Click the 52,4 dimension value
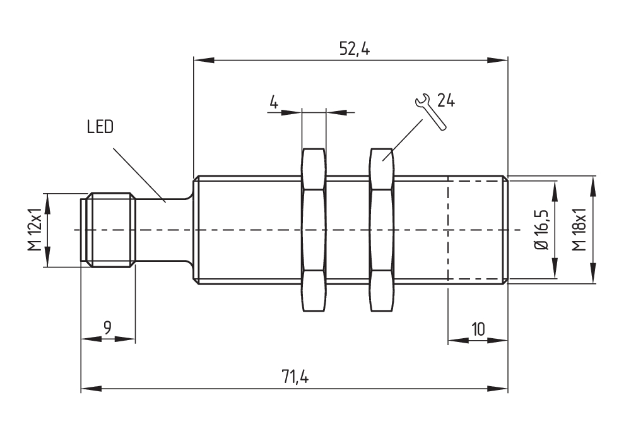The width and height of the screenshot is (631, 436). pyautogui.click(x=355, y=49)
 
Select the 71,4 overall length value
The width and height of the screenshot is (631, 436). pyautogui.click(x=295, y=377)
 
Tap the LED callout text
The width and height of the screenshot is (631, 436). pyautogui.click(x=100, y=127)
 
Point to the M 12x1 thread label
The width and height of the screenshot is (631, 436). pyautogui.click(x=35, y=230)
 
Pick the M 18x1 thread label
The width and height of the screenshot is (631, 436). pyautogui.click(x=579, y=230)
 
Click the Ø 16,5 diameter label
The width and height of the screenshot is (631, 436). pyautogui.click(x=543, y=230)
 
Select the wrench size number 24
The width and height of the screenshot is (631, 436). pyautogui.click(x=446, y=100)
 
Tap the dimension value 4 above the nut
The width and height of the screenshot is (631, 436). pyautogui.click(x=274, y=102)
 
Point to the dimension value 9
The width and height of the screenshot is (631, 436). pyautogui.click(x=107, y=328)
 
